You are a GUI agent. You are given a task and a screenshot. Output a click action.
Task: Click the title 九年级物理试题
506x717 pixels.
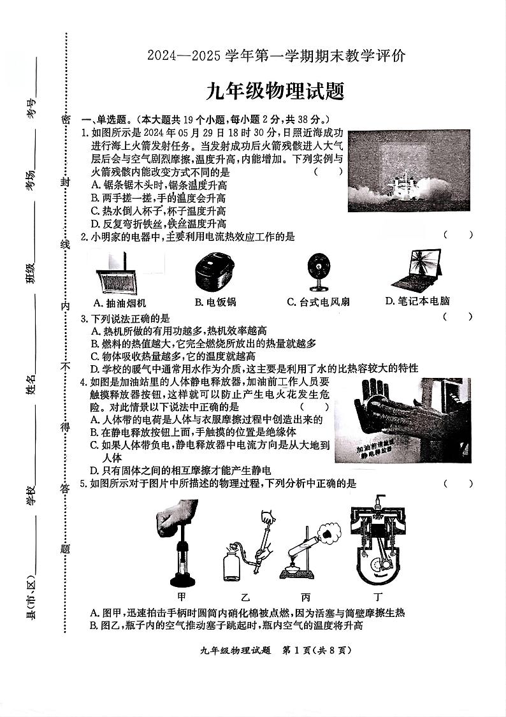point(275,92)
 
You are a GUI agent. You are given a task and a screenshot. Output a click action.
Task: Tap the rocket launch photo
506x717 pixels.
point(408,171)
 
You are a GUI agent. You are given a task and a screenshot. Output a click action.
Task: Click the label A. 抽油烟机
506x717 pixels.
point(119,303)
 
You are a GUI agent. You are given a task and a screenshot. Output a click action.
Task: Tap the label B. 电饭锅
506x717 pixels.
point(215,302)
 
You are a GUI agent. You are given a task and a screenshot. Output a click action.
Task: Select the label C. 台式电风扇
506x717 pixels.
point(318,301)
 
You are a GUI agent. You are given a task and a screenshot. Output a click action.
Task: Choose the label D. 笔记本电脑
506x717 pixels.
point(417,301)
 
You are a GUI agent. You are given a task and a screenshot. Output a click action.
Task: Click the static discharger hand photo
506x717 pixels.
point(403,421)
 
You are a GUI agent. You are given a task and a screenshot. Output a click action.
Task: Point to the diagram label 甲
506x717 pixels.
point(182,597)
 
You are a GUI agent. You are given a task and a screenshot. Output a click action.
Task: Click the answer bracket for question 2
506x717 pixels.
point(458,235)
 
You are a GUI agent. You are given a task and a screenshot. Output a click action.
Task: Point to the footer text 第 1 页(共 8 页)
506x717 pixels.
point(317,651)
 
